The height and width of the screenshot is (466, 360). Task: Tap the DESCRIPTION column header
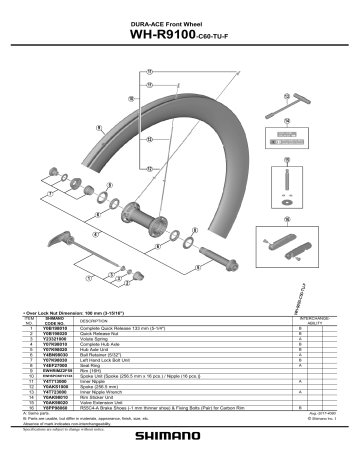pyautogui.click(x=99, y=320)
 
